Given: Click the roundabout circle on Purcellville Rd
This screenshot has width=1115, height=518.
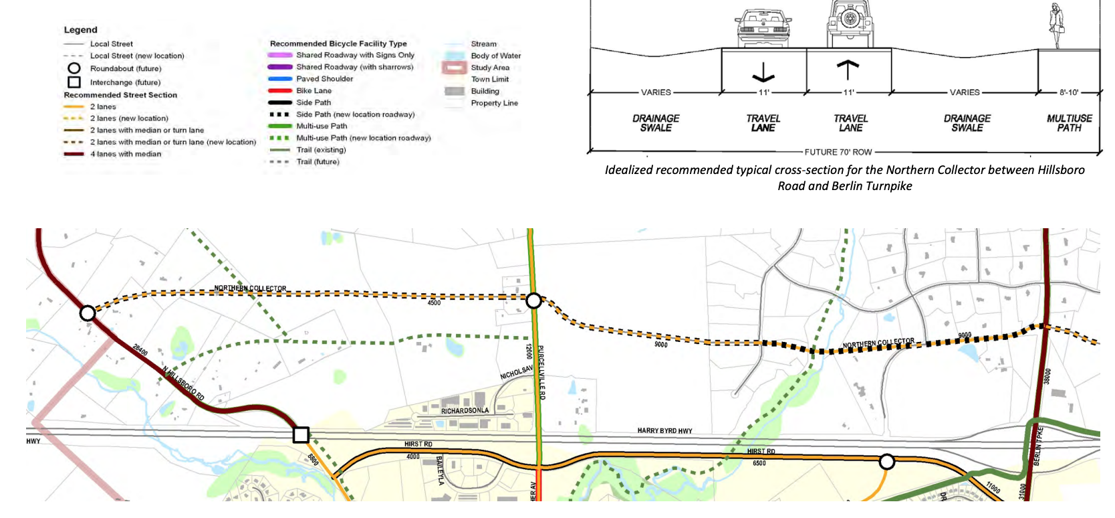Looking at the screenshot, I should coord(533,300).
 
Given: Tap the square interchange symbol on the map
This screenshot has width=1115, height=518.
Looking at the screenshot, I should coord(301,435).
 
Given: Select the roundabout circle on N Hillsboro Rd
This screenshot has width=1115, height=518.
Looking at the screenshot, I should coord(88,313).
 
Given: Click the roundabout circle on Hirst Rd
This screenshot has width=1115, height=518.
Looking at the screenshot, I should coord(886,461).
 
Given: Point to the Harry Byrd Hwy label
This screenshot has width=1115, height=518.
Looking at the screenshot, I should coord(664,431).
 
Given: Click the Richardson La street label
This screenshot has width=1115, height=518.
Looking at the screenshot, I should coord(465,410).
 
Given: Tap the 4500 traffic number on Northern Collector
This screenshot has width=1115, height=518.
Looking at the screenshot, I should coord(434,303).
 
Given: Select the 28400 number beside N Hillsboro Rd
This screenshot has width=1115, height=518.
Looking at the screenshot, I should coord(140,350).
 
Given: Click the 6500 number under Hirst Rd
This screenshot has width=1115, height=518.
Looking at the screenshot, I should coord(759,463).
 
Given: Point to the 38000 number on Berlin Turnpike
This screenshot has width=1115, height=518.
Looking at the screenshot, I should coord(1047,376).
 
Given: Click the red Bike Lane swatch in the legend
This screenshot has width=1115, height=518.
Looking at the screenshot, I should coord(280,90).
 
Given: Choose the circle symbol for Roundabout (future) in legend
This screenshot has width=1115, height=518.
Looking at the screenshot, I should coord(74,68).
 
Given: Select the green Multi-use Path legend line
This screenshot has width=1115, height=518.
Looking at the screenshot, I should coord(280,126).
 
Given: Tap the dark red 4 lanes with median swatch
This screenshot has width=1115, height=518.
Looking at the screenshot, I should coord(74,154).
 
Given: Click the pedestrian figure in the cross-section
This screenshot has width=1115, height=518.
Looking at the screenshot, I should coord(1057,25).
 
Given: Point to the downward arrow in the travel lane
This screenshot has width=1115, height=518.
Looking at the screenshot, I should coord(763,72).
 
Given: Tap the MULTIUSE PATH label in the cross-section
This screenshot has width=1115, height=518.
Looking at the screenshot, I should coord(1069,123).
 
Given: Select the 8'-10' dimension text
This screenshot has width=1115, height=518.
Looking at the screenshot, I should coord(1069,92).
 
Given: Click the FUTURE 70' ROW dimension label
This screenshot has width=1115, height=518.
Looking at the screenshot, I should coord(838,152).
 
